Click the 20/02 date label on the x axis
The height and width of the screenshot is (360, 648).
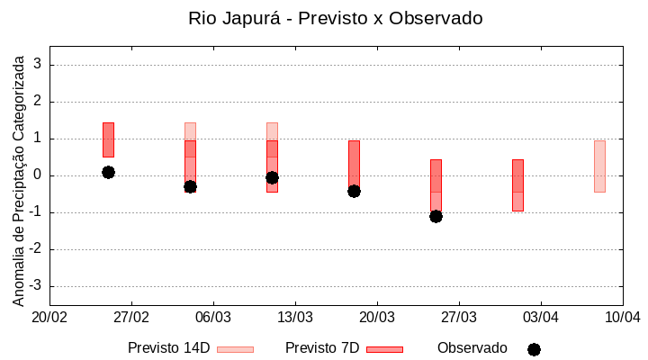49,318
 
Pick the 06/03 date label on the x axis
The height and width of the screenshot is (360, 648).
213,318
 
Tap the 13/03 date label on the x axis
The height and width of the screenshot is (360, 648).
295,318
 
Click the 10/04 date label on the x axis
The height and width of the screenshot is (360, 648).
622,318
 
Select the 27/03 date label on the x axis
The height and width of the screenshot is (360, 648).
459,318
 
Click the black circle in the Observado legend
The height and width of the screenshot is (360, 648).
534,349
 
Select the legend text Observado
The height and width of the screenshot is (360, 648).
472,348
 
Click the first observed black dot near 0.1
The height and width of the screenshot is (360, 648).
108,172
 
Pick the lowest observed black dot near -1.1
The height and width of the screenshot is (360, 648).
436,216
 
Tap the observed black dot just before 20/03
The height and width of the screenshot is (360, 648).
354,191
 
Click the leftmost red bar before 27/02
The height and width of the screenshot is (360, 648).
108,139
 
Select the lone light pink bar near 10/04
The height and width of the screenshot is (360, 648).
599,166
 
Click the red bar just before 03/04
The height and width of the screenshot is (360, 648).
517,184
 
